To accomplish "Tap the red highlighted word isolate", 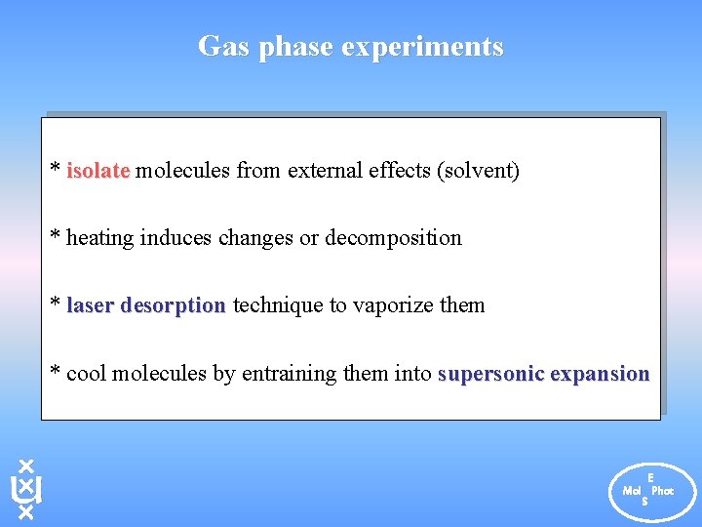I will tap(97, 171).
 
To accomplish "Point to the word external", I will tap(325, 171).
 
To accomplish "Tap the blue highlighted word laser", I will tap(89, 305).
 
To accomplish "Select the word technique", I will tap(276, 305).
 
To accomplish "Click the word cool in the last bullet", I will tap(87, 374).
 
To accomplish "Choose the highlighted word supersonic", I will tap(491, 374).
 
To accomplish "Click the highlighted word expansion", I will tap(600, 374).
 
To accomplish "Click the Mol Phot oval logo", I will tap(647, 490).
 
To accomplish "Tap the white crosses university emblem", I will tap(26, 488).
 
